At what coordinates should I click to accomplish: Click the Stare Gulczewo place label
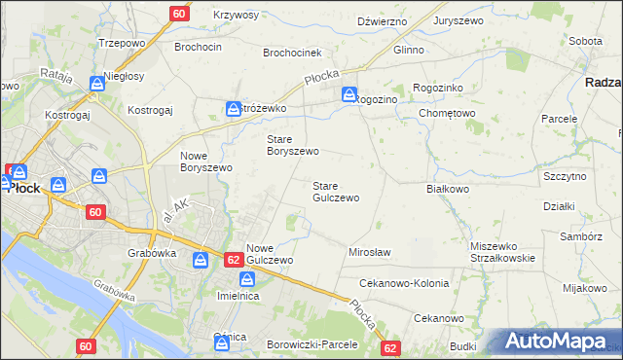[335, 191]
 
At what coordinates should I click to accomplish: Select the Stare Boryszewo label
[293, 145]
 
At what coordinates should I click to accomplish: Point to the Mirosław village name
[369, 252]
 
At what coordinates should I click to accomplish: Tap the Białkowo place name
[448, 189]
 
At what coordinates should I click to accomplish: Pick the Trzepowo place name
[122, 45]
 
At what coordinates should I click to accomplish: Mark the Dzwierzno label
[382, 20]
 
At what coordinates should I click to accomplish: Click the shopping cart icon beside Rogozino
[349, 94]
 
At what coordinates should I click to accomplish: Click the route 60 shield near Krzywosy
[179, 13]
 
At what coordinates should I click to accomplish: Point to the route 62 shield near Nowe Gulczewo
[233, 260]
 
